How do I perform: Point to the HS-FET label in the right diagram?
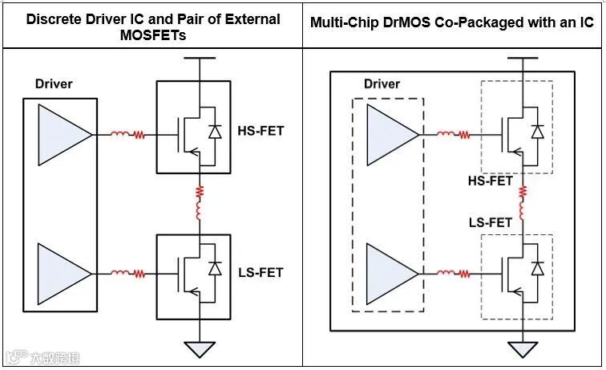pos(490,181)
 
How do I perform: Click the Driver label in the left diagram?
pos(54,83)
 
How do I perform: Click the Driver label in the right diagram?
pos(382,83)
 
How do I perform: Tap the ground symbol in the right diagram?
pos(522,351)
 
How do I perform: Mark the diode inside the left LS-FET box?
pos(215,268)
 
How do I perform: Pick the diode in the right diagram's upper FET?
pos(538,131)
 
